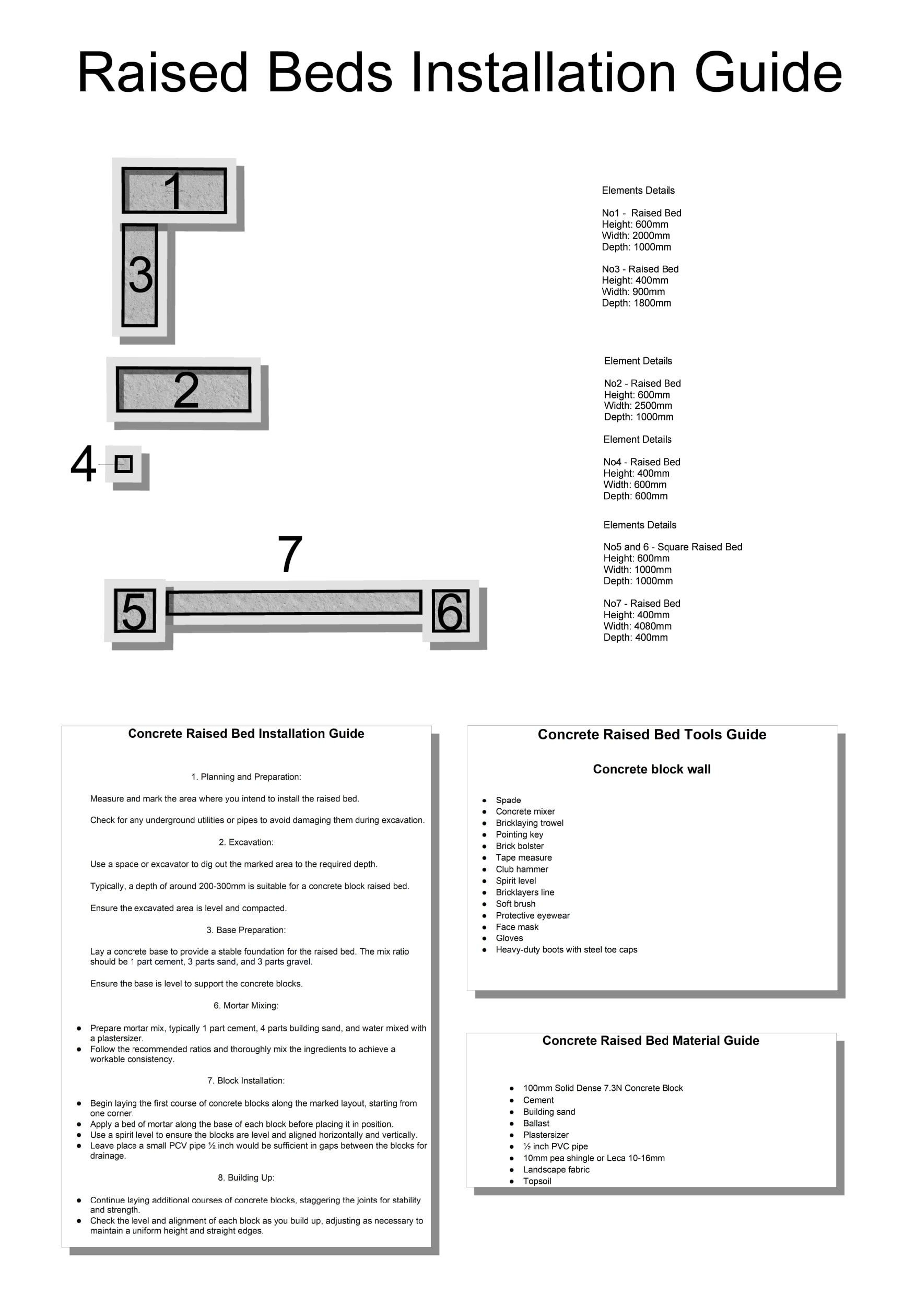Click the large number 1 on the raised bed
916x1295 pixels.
174,191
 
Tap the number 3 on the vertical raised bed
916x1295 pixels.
140,275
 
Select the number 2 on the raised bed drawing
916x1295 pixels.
186,390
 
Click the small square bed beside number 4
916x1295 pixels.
124,464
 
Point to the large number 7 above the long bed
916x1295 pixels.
290,554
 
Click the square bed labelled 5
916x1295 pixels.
135,611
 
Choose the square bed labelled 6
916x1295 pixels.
450,611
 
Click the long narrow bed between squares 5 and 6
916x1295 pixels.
295,603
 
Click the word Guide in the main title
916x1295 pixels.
768,73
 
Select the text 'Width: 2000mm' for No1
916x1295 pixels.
636,236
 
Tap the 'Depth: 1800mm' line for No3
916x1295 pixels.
636,303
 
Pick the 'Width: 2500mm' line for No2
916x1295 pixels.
638,406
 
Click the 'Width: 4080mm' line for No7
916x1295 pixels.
637,626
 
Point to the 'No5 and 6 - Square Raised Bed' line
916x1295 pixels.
672,547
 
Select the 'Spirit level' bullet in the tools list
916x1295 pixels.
515,881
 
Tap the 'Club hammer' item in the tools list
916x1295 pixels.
522,869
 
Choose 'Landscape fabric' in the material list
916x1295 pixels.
556,1170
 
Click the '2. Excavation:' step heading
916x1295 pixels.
246,842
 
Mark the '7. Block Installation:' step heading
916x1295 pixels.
246,1081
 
